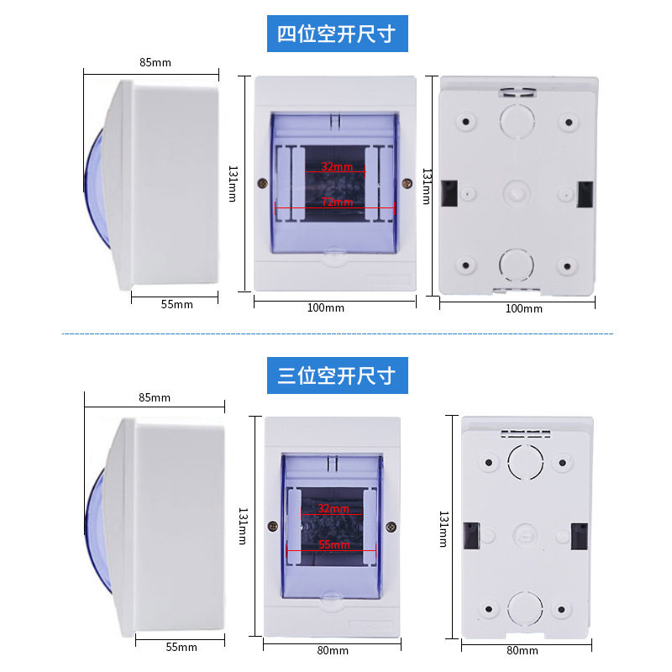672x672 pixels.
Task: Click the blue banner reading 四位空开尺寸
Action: tap(336, 34)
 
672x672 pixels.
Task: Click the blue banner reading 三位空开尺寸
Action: tap(336, 375)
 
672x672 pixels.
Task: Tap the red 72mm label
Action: tap(337, 202)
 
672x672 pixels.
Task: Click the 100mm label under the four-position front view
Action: tap(325, 308)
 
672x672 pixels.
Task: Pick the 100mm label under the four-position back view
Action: tap(522, 308)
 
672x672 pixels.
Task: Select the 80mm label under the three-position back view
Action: tap(522, 650)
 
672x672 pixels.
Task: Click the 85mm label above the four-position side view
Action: tap(155, 61)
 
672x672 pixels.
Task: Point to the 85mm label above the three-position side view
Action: tap(155, 397)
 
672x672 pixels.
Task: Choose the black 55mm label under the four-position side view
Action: tap(176, 304)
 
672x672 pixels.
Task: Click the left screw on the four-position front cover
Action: tap(263, 182)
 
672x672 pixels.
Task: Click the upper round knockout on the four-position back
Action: tap(517, 119)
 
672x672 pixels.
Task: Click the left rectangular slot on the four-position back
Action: tap(450, 193)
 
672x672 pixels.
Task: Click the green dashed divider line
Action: tap(336, 334)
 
